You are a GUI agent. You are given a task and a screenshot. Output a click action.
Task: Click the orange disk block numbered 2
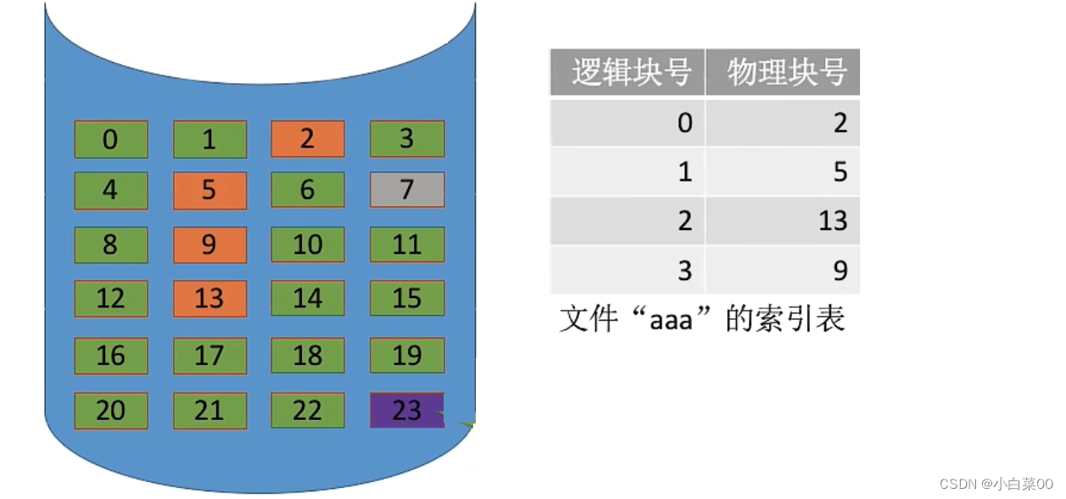point(308,139)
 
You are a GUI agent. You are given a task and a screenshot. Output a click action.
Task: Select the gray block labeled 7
point(407,190)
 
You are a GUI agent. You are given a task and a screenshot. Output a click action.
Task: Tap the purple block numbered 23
point(407,411)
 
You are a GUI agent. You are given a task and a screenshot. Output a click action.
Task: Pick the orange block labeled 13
point(209,299)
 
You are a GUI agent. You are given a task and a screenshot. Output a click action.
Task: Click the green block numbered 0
point(111,139)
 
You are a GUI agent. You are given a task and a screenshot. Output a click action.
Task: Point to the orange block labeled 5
point(209,191)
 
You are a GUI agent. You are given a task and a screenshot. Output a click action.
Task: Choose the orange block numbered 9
point(209,245)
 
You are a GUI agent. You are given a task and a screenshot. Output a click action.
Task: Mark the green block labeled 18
point(308,356)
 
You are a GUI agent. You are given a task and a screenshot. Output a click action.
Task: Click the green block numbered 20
point(111,411)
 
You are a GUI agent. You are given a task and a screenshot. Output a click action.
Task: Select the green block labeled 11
point(407,244)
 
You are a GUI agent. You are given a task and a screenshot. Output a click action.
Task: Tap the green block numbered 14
point(308,299)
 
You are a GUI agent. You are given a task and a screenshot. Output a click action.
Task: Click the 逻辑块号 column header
point(628,72)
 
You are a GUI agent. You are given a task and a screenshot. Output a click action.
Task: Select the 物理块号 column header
point(783,72)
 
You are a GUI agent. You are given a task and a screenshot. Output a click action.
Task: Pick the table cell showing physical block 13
point(783,221)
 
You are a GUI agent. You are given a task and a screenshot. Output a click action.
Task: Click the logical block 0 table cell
point(628,123)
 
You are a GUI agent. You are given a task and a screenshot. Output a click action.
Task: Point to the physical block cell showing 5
point(783,172)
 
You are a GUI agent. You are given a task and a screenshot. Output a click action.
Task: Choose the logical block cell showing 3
point(628,271)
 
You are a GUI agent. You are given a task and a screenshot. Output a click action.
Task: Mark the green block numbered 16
point(111,356)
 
